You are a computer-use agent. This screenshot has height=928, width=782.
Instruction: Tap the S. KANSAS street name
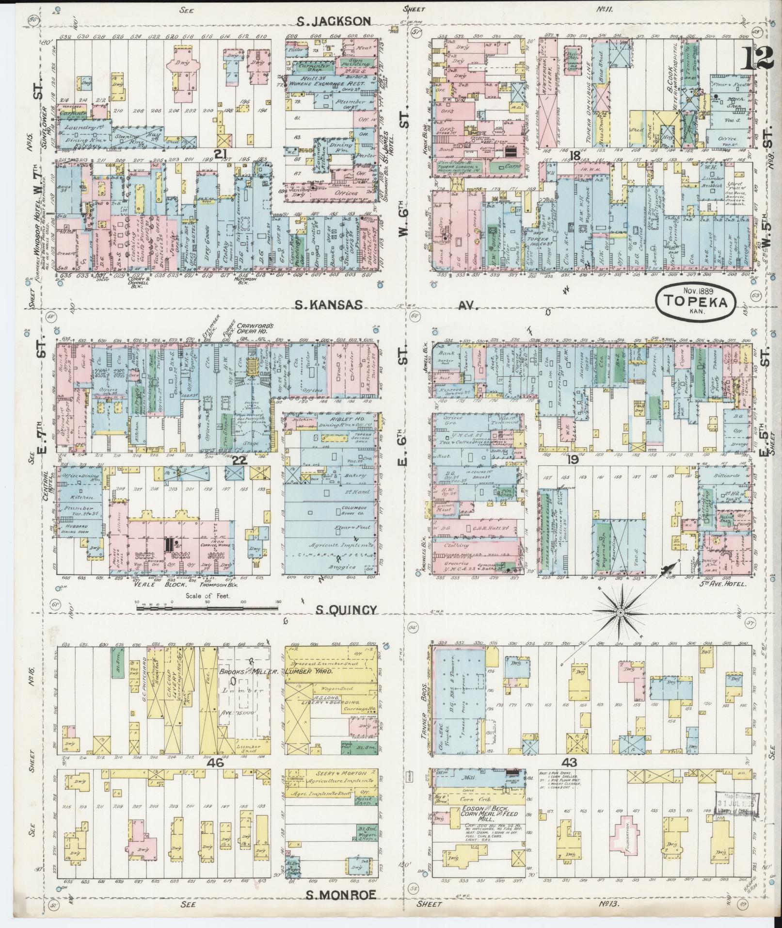point(329,304)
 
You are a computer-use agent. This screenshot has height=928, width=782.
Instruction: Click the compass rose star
point(620,613)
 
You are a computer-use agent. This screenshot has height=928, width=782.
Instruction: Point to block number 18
point(575,155)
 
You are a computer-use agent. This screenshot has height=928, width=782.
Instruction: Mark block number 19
point(573,459)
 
